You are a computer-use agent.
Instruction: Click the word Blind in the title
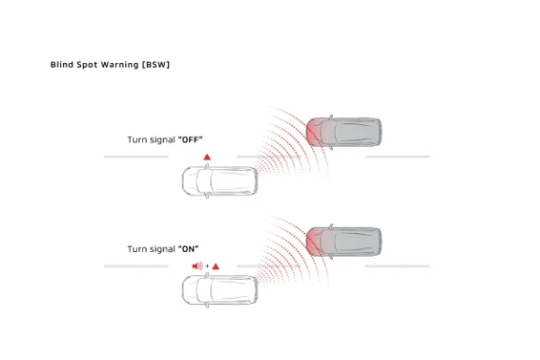click(60, 66)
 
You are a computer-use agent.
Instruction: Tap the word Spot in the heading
click(86, 66)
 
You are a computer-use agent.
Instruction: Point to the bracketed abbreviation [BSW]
click(157, 66)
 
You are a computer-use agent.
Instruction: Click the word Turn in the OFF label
click(136, 140)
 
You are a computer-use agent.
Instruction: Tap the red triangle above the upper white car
click(207, 157)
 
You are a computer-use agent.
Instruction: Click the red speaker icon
click(198, 265)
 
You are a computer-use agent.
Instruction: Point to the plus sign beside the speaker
click(207, 266)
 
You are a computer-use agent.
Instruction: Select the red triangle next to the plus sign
click(216, 265)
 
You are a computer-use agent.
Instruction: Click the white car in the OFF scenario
click(220, 182)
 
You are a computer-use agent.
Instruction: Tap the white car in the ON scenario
click(220, 290)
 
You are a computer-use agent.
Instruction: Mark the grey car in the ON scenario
click(344, 241)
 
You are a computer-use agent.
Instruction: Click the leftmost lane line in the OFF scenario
click(135, 157)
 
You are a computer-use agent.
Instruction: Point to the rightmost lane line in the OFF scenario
click(397, 157)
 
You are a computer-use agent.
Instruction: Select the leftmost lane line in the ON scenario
click(135, 265)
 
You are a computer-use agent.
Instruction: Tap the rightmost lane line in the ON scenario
click(397, 265)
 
